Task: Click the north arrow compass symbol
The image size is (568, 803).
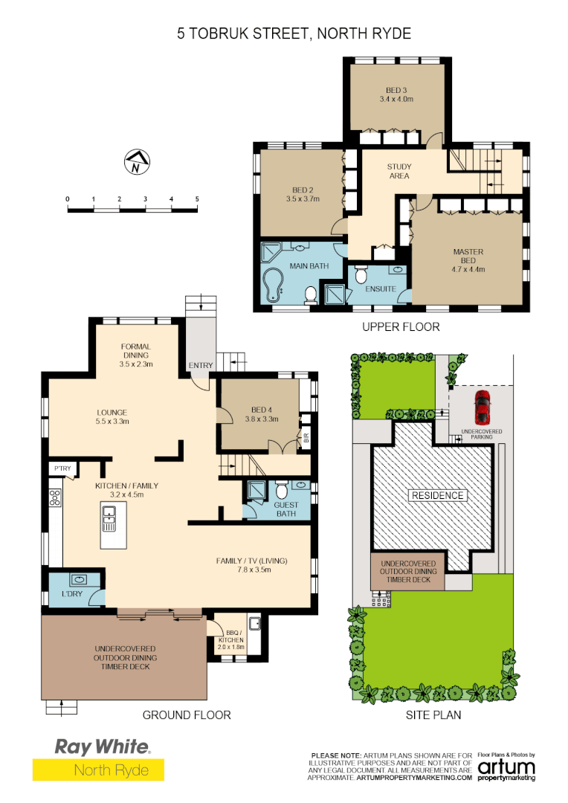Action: coord(136,162)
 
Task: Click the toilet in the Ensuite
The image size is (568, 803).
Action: coord(361,273)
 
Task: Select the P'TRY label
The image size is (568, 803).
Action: coord(61,468)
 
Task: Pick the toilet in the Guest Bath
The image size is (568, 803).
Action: coord(282,492)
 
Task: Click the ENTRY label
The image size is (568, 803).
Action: coord(201,365)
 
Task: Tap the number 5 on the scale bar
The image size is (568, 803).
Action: coord(197,199)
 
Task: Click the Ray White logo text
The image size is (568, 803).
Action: coord(102,746)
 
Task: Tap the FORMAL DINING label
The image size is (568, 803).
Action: coord(135,351)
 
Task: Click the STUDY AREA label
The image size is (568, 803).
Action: coord(399,171)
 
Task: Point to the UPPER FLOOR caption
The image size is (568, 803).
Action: coord(401,326)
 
